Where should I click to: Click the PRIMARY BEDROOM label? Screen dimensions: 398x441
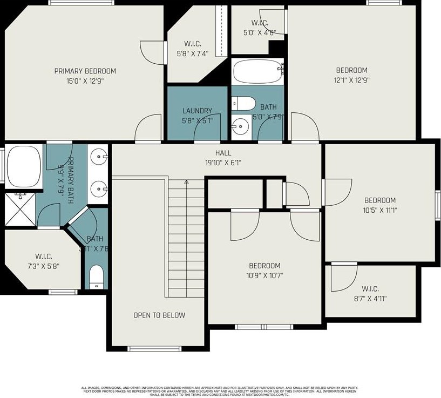(x=85, y=71)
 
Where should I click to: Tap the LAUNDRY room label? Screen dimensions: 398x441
(x=197, y=111)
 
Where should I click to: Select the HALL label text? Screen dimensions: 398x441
(x=223, y=153)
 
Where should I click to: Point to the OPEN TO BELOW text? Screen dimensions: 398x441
(x=159, y=315)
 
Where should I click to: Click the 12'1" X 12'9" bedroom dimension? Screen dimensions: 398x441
(x=351, y=80)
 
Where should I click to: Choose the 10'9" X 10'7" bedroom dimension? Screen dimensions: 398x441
(x=264, y=275)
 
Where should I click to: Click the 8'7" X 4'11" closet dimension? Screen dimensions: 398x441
(x=370, y=298)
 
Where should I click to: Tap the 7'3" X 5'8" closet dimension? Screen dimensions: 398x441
(x=43, y=266)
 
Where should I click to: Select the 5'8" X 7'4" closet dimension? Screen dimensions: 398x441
(x=192, y=53)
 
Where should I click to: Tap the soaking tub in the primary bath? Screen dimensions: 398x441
(x=23, y=164)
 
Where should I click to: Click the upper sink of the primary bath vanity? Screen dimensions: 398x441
(x=99, y=158)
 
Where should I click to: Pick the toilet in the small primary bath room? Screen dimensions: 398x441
(x=96, y=275)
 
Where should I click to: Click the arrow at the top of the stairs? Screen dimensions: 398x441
(x=186, y=183)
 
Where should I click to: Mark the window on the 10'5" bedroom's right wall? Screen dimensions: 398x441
(x=437, y=205)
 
